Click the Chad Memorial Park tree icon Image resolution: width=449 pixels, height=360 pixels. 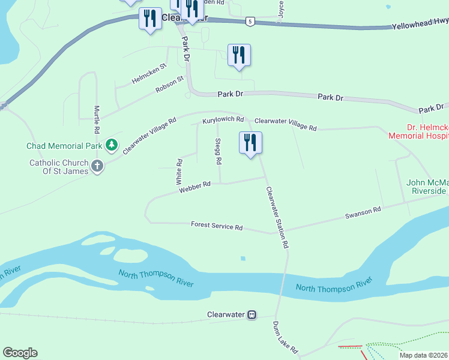(x=111, y=145)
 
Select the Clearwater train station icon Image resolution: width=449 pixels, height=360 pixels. (x=253, y=314)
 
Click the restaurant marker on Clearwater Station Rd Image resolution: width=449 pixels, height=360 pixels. (x=250, y=143)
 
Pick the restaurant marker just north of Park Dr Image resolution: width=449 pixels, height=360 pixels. (x=239, y=55)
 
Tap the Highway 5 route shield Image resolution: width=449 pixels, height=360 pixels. (x=250, y=22)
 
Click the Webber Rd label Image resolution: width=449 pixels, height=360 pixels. (x=194, y=187)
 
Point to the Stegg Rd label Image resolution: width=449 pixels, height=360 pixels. (x=218, y=152)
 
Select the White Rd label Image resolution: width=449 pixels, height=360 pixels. (x=179, y=171)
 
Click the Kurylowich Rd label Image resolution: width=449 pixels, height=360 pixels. (x=223, y=120)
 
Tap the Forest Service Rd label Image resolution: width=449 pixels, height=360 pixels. (x=217, y=226)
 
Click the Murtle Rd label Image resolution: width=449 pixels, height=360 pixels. (x=97, y=119)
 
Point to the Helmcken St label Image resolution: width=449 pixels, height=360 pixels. (x=149, y=74)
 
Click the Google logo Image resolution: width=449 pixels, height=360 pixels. (x=20, y=352)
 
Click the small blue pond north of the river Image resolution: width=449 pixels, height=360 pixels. (x=243, y=259)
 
